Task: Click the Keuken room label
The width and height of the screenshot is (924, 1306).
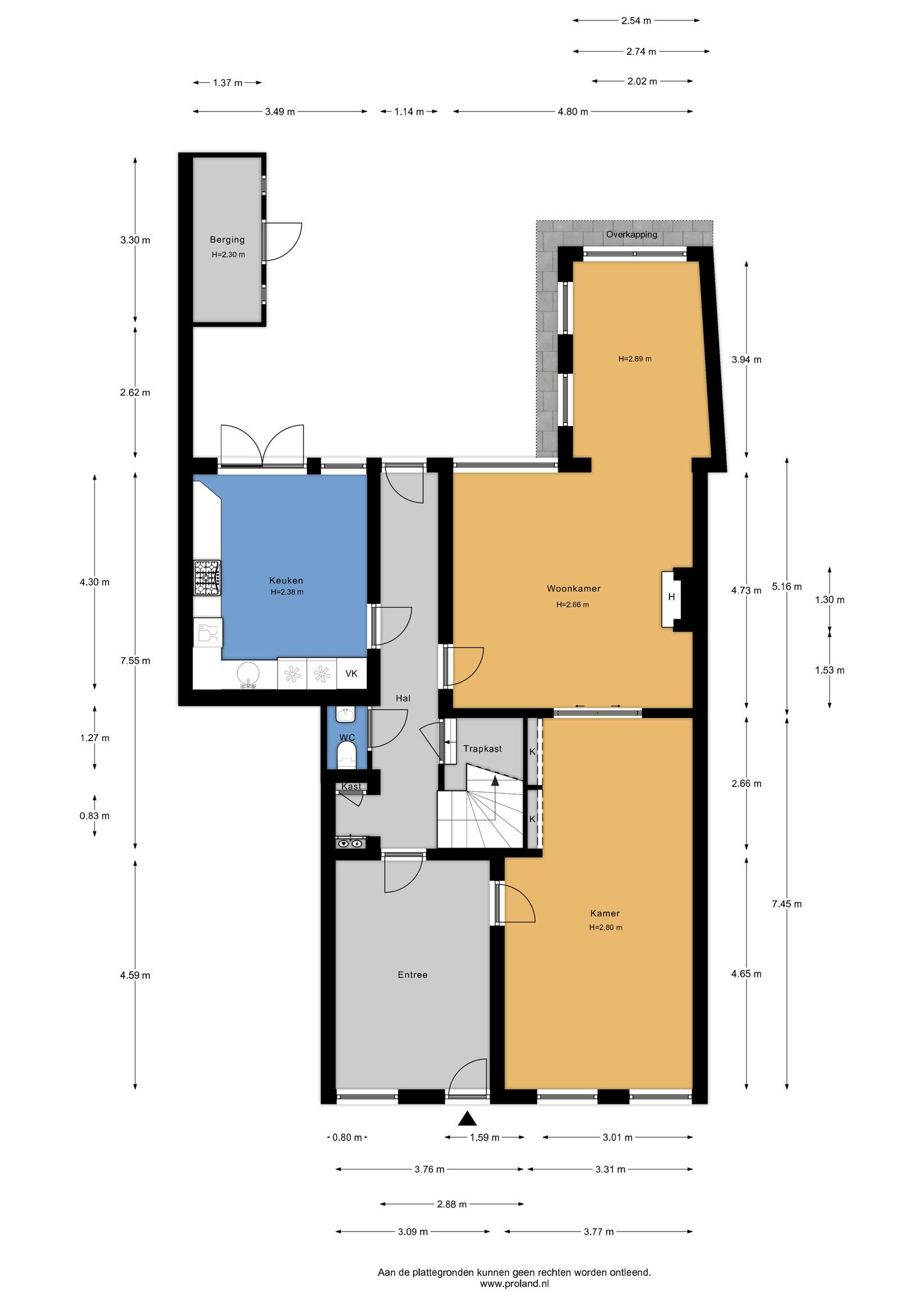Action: (x=286, y=580)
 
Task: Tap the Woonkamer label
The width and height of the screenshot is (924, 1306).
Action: (x=573, y=589)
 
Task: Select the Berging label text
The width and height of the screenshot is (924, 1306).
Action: (x=227, y=240)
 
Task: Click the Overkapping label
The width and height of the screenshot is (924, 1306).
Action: (x=631, y=234)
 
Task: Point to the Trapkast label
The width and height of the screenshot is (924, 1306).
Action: (x=482, y=749)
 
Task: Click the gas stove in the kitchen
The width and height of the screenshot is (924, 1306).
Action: (x=207, y=578)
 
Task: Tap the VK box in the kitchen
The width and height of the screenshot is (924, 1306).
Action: (x=352, y=673)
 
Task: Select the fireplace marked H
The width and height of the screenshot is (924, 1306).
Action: (x=671, y=597)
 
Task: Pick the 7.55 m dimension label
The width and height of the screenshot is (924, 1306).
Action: (x=135, y=661)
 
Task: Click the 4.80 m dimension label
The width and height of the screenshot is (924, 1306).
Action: (x=572, y=112)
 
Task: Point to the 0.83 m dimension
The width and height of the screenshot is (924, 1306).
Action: (x=94, y=816)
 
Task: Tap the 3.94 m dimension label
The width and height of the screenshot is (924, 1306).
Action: (x=746, y=360)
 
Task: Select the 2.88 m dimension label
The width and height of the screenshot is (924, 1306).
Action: (x=451, y=1205)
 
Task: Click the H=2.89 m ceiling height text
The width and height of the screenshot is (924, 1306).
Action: (x=634, y=359)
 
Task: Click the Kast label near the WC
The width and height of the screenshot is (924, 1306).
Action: (x=351, y=786)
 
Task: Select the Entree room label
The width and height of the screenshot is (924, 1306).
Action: (x=412, y=974)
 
